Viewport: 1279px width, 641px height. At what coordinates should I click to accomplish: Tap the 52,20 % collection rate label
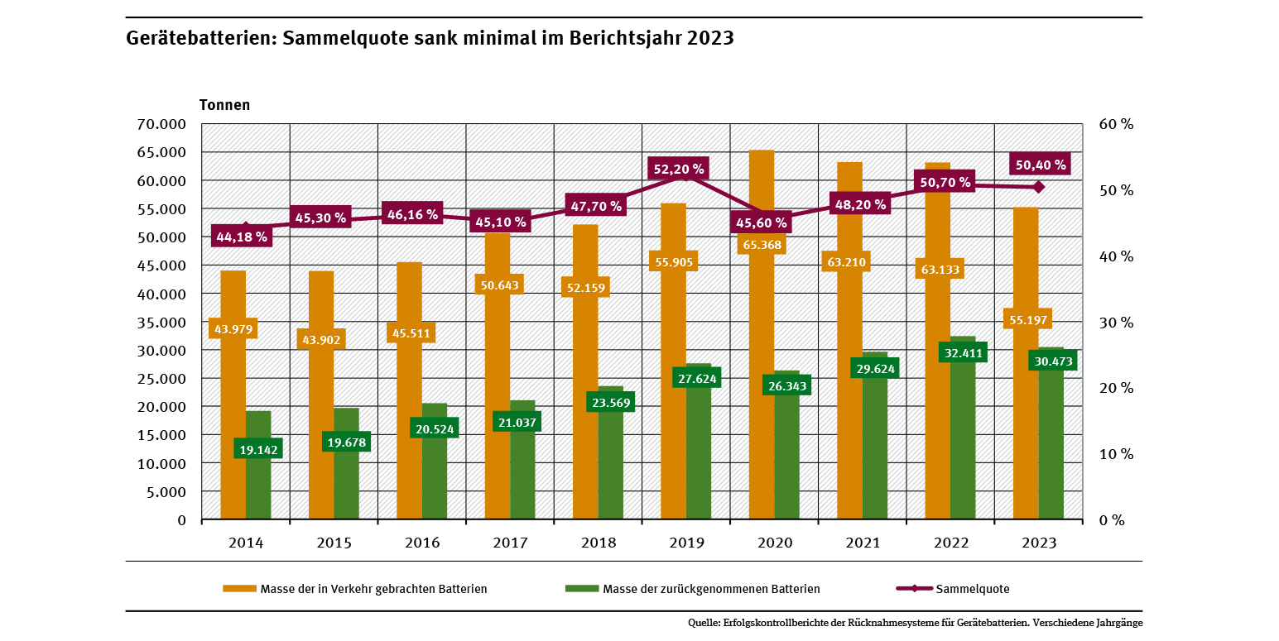tap(679, 169)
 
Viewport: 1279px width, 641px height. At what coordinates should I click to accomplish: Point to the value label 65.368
tap(762, 245)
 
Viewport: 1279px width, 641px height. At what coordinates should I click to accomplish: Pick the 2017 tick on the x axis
tap(510, 543)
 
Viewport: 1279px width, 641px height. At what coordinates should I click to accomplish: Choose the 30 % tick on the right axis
tap(1115, 323)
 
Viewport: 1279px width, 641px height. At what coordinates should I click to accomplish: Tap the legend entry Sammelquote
tap(972, 589)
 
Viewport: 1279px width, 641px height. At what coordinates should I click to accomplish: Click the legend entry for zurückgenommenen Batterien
tap(711, 589)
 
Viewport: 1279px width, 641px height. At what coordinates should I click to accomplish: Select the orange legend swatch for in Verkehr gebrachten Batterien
tap(239, 589)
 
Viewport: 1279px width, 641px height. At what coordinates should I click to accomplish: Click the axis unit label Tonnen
tap(224, 105)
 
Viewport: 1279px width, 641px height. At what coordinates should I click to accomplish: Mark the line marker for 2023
tap(1040, 187)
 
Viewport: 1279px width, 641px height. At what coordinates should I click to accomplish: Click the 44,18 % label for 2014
tap(242, 237)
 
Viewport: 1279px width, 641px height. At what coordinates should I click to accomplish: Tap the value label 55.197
tap(1027, 319)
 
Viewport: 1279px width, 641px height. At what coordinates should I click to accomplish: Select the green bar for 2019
tap(699, 463)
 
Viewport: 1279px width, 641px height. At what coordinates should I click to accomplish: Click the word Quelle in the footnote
tap(703, 623)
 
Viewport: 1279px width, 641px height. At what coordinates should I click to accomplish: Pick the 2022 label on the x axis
tap(951, 543)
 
